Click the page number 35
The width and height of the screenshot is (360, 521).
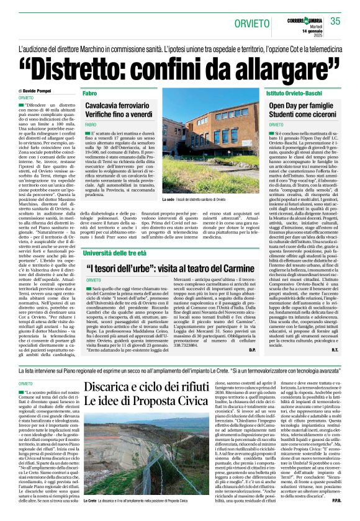(335, 21)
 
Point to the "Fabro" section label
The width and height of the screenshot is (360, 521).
(89, 92)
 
